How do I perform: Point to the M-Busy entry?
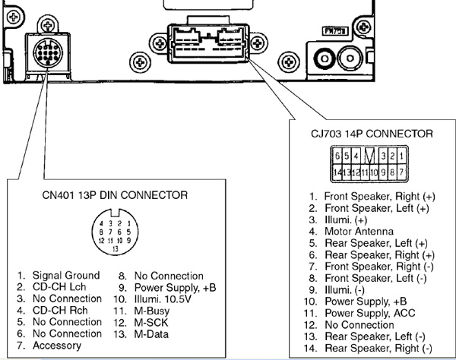(153, 311)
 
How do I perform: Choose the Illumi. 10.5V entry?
(162, 299)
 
